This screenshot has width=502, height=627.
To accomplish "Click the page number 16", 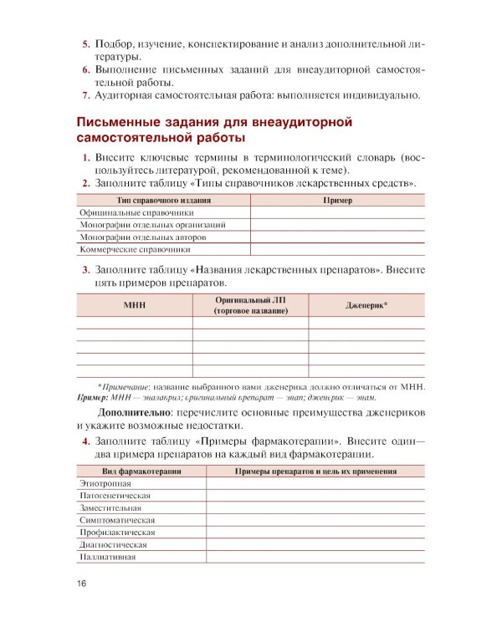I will [81, 584].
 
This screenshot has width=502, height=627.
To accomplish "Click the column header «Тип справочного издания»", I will [163, 201].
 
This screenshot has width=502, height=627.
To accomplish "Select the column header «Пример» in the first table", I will [337, 201].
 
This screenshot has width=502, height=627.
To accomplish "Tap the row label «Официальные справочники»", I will [131, 212].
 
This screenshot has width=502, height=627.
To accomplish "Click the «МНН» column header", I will [134, 305].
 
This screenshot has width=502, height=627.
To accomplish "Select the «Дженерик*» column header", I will [366, 305].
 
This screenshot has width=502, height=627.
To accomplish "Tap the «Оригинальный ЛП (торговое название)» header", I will [250, 305].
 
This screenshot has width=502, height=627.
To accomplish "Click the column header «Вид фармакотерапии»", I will [141, 472].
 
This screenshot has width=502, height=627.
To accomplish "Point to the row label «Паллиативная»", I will [107, 556].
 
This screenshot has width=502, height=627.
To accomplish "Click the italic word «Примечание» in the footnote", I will [126, 386].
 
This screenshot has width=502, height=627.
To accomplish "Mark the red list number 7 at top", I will [85, 95].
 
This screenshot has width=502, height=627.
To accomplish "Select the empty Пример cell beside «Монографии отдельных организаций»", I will [337, 225].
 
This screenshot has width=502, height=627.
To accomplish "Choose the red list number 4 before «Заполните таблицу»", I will [85, 441].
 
